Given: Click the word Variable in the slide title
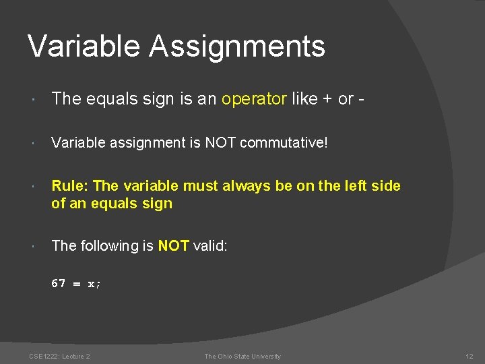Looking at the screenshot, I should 83,47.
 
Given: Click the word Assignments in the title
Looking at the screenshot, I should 236,47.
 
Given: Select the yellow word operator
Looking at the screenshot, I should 254,99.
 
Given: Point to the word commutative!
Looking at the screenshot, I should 284,143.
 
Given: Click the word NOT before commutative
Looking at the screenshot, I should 221,143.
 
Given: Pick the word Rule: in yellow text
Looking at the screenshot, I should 70,186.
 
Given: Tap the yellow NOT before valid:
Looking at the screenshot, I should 173,246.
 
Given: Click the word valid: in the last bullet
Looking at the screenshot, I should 210,246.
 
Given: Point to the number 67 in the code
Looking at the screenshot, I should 59,284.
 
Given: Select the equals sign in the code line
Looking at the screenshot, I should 77,284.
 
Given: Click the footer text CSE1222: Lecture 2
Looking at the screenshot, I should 59,357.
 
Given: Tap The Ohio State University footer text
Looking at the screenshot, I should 243,357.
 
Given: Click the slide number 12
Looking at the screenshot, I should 470,357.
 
